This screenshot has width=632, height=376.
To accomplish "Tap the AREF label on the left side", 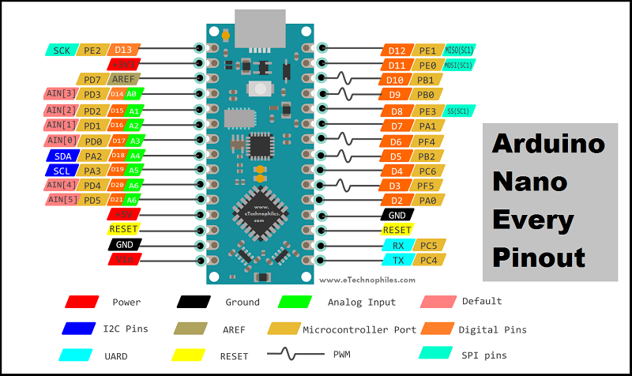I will (x=124, y=79).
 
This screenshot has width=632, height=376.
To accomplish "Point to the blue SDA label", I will (x=62, y=156).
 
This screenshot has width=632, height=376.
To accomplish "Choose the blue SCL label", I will (x=62, y=171).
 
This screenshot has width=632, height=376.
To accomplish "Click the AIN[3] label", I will (x=61, y=94).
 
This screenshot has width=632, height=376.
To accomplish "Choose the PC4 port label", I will (x=429, y=260).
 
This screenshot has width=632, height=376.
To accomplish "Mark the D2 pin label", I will (x=396, y=201).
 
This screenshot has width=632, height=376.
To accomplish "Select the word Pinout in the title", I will (x=538, y=257).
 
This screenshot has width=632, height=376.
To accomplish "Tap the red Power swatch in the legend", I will (x=83, y=301).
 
